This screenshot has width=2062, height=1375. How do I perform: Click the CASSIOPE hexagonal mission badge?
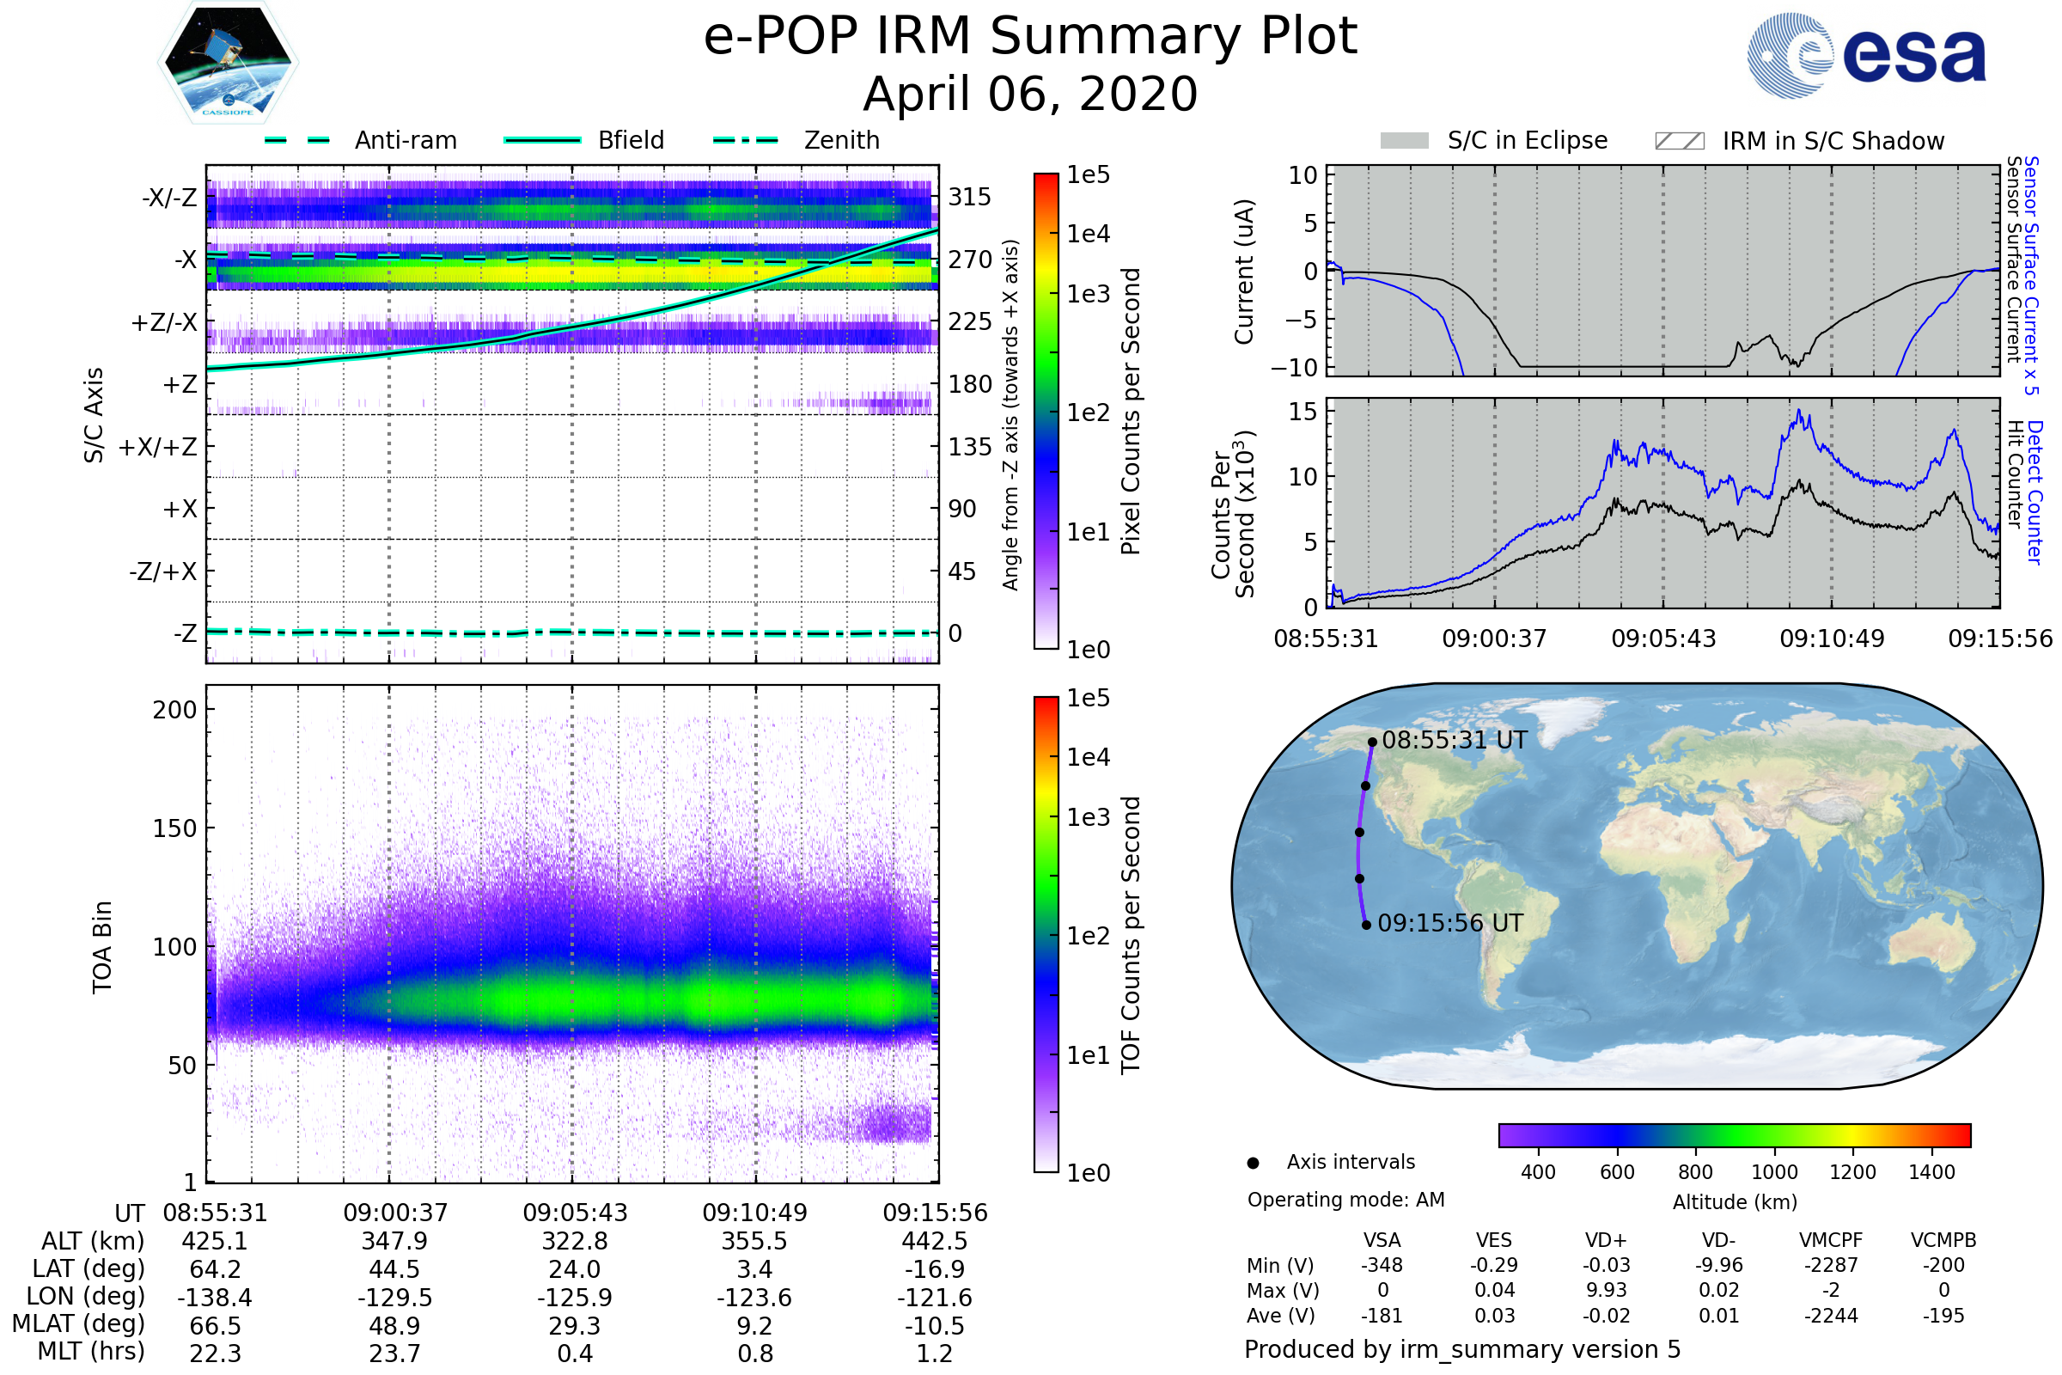[x=228, y=62]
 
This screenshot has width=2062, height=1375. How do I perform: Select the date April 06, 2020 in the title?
[x=1030, y=94]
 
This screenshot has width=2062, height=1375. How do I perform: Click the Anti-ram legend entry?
[x=360, y=140]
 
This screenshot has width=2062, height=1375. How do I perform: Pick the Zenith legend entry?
[x=796, y=140]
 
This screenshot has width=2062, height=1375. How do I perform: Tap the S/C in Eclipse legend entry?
[x=1494, y=140]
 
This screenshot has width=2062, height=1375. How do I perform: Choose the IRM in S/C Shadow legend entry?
[x=1799, y=141]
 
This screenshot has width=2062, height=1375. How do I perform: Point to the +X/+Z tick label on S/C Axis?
[x=158, y=447]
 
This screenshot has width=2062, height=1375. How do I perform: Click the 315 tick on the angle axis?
[x=970, y=197]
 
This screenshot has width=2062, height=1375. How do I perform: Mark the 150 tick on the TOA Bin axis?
[x=175, y=828]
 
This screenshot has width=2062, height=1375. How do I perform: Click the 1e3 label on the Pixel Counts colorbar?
[x=1088, y=294]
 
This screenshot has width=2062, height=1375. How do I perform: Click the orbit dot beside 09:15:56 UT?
[x=1366, y=926]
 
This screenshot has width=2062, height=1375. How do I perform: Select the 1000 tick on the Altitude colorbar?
[x=1774, y=1172]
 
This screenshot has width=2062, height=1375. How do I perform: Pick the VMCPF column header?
[x=1831, y=1240]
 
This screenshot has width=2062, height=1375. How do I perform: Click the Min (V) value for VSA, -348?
[x=1382, y=1265]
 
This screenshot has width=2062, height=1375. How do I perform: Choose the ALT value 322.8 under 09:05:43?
[x=574, y=1242]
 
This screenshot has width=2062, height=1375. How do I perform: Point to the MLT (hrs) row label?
[x=91, y=1351]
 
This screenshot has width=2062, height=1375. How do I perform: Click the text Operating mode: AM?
[x=1345, y=1200]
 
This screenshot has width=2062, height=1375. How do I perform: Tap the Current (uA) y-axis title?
[x=1244, y=272]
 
